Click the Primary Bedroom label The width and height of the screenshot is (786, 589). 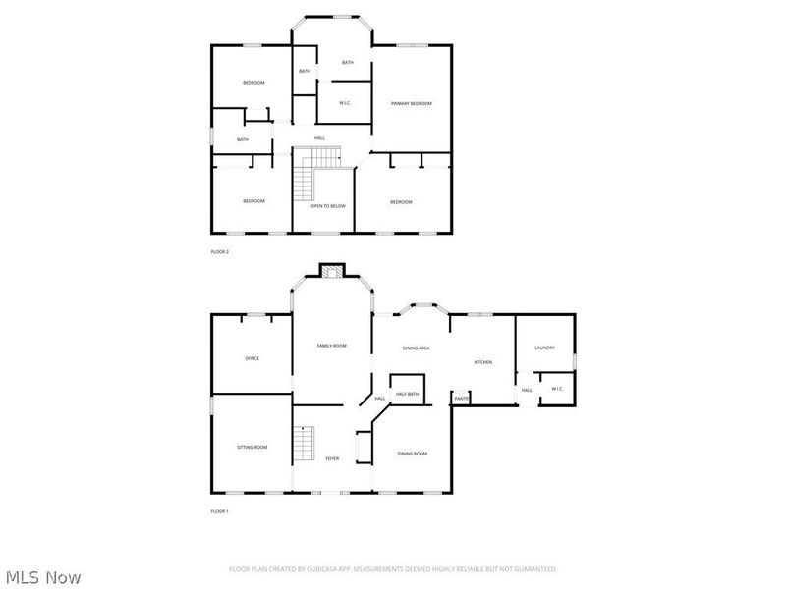pos(412,103)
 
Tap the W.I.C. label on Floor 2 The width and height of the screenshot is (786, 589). pos(346,103)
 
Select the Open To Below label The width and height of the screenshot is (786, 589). pos(328,206)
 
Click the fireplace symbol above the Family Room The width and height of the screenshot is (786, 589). pos(332,272)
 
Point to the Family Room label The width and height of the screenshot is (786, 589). pos(331,346)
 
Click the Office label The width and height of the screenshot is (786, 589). pos(252,358)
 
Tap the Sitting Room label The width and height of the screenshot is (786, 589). pos(252,447)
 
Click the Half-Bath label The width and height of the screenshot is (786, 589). pos(408,394)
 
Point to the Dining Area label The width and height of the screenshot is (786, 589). pos(417,348)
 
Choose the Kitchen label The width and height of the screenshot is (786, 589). pos(482,362)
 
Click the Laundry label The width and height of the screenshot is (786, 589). pos(545,348)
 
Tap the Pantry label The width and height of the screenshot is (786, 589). pos(461,399)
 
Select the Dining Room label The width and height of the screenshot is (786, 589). pos(413,454)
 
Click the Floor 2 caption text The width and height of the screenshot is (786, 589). pos(220,252)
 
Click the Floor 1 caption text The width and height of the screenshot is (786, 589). pos(220,511)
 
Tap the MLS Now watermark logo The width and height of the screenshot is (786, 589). pos(43,577)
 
